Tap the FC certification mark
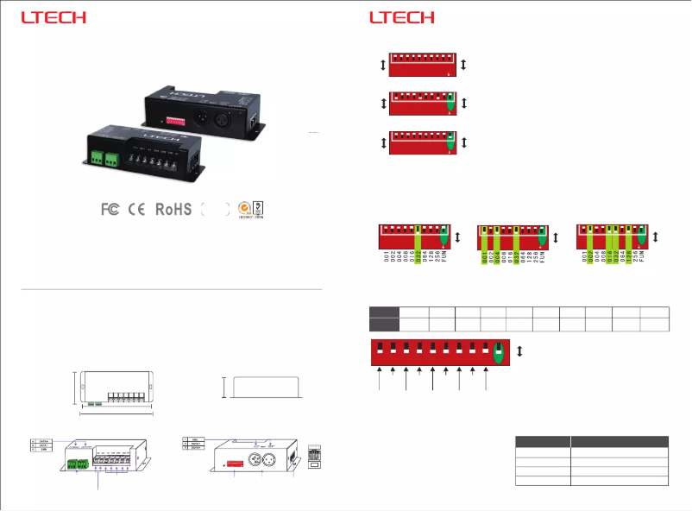point(110,209)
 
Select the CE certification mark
point(136,209)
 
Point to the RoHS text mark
point(173,209)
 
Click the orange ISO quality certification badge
point(244,208)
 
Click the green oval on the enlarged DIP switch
point(498,352)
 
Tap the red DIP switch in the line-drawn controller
point(233,466)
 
